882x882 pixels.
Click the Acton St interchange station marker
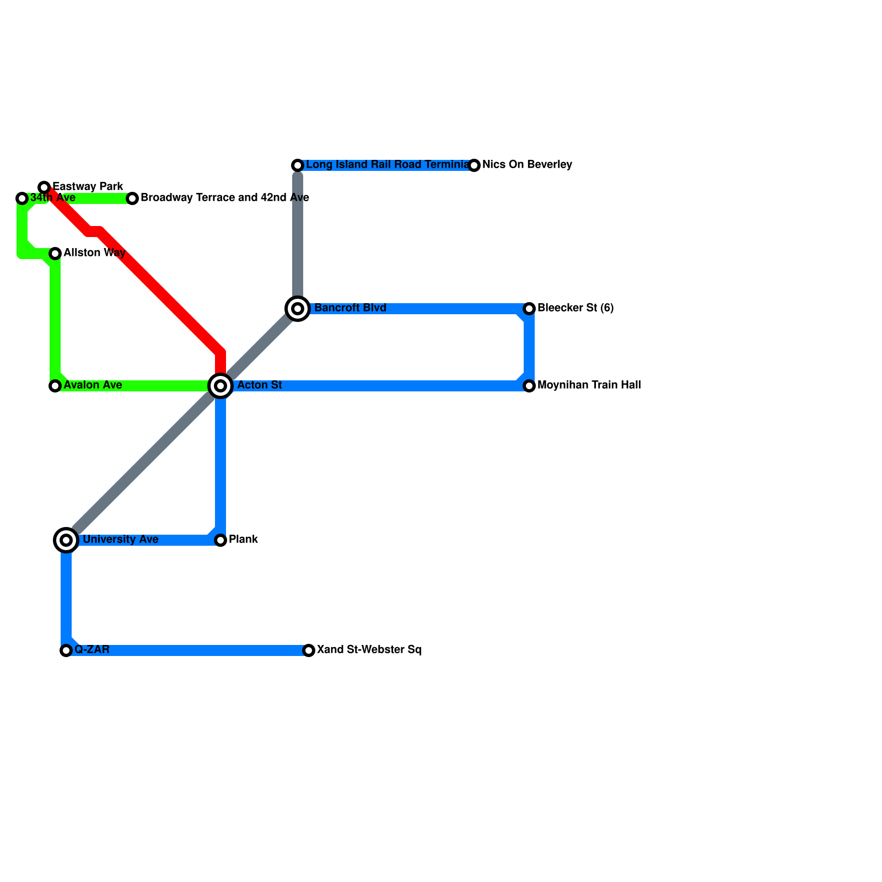(x=220, y=386)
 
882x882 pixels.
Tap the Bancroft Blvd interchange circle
(x=298, y=309)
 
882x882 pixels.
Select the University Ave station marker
(x=66, y=540)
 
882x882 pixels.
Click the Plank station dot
(x=220, y=540)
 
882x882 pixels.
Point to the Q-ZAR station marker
(x=66, y=650)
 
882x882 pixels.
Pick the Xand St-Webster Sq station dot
(x=309, y=650)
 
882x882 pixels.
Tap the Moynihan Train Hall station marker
(x=529, y=386)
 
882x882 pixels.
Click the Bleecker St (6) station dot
(x=529, y=309)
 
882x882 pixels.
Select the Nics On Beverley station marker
(x=474, y=165)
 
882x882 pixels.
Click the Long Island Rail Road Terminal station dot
(x=298, y=165)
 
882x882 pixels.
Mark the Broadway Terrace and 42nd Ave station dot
(x=132, y=198)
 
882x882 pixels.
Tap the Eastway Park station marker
(x=44, y=187)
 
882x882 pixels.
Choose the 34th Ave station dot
(x=22, y=198)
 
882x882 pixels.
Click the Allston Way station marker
(x=55, y=254)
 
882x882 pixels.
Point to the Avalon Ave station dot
(x=55, y=386)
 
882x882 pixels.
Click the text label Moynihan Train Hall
(x=589, y=385)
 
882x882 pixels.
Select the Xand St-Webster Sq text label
(x=369, y=650)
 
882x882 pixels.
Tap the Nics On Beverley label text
(x=527, y=165)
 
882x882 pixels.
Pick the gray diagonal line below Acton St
(x=143, y=463)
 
